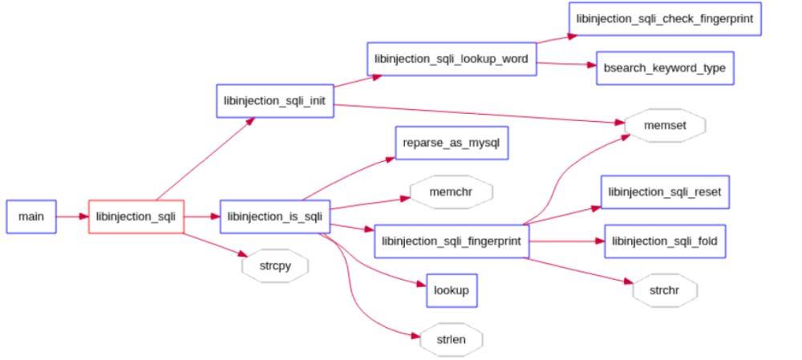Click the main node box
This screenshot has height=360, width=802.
(31, 216)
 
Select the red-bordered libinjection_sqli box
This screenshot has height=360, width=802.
(136, 216)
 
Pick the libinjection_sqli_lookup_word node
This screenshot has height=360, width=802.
(452, 59)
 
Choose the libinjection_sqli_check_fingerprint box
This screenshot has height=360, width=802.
(664, 18)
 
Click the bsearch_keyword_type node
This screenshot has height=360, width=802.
(664, 68)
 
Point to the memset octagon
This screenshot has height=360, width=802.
(664, 126)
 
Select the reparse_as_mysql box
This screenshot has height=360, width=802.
(452, 142)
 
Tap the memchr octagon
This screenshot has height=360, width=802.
(451, 192)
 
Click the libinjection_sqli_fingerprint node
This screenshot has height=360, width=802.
(452, 241)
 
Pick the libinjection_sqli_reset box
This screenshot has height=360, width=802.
(664, 192)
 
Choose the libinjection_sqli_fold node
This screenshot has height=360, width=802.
(664, 241)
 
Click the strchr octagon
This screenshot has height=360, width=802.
(664, 290)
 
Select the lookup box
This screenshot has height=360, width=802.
(451, 290)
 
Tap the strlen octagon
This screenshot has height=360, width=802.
(451, 339)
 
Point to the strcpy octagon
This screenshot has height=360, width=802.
(274, 265)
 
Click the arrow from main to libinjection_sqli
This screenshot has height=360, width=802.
(72, 216)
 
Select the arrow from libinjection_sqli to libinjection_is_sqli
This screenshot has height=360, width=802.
(202, 216)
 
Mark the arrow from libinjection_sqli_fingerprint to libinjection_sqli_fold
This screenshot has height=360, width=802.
(566, 241)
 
